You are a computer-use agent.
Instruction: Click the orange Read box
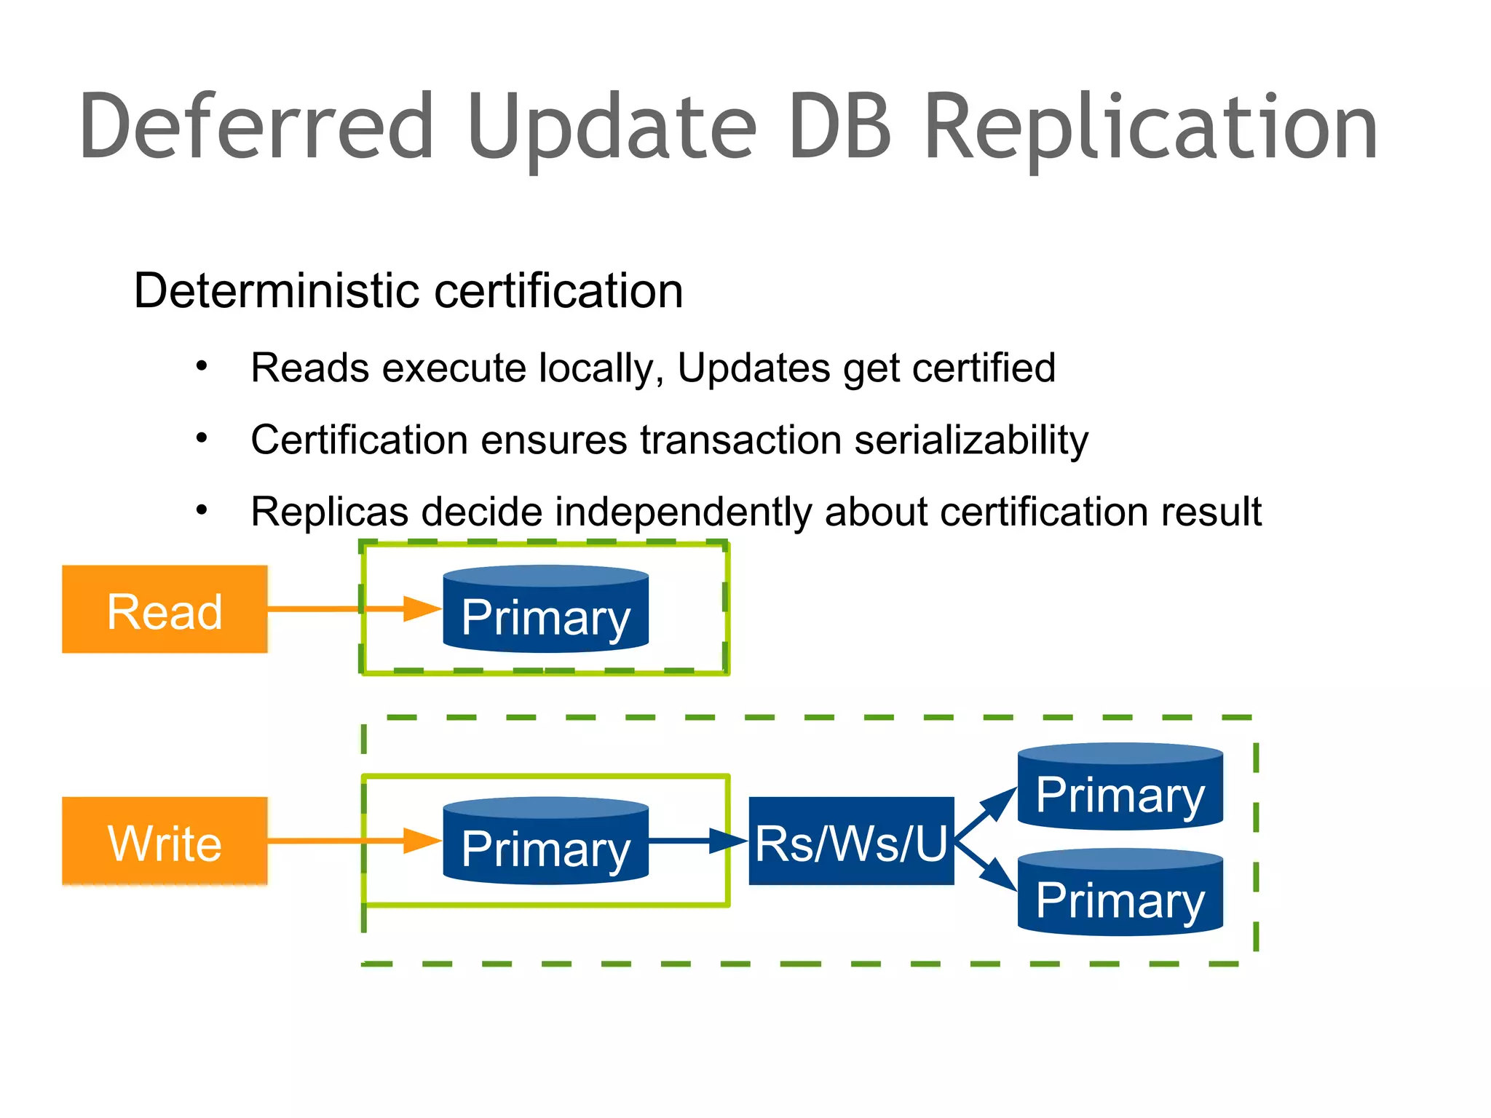pos(165,609)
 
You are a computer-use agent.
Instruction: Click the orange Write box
pos(165,841)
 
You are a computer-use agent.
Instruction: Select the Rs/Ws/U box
pos(851,841)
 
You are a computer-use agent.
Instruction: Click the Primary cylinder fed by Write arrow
pos(545,842)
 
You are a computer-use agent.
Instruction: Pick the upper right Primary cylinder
pos(1120,787)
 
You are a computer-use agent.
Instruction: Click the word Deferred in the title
pos(256,127)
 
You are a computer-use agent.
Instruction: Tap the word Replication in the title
pos(1150,128)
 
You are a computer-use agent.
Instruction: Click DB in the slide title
pos(839,127)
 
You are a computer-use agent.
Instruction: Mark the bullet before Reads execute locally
pos(202,366)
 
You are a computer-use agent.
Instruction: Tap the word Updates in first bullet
pos(753,368)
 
